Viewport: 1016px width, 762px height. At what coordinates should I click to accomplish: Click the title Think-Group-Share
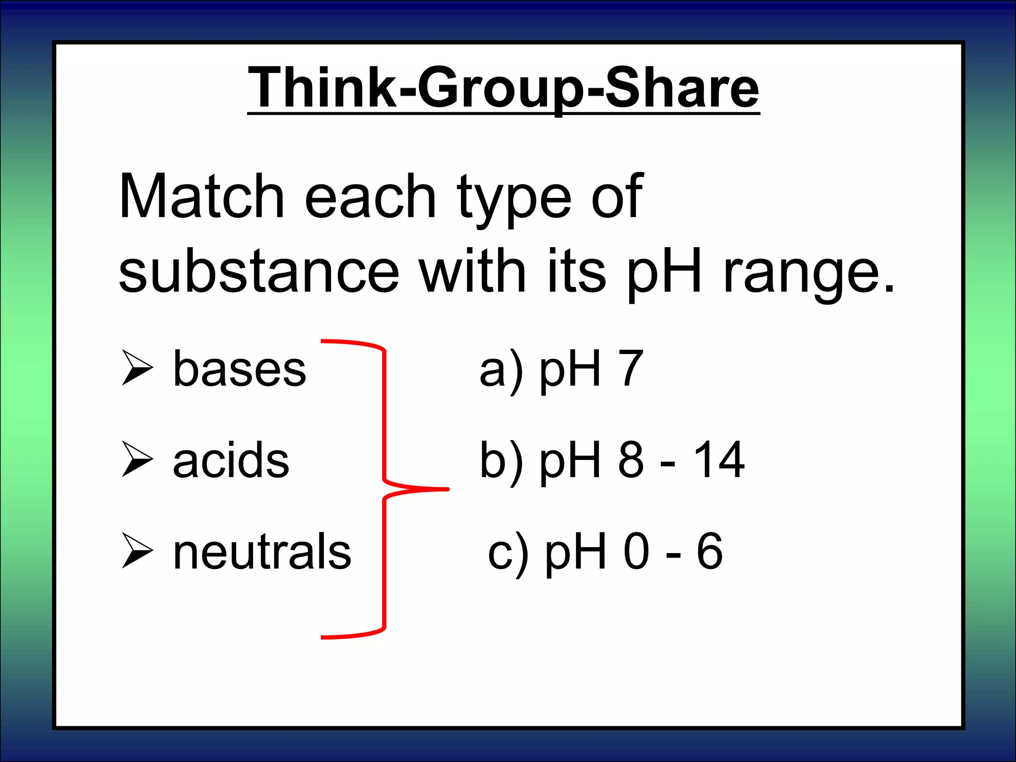tap(503, 88)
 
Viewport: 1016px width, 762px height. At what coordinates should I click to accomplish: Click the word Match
tap(201, 196)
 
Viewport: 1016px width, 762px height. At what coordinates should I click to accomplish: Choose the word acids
tap(231, 460)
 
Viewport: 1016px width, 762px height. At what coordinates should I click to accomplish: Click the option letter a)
tap(501, 370)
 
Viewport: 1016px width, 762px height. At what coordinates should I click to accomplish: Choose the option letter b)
tap(501, 461)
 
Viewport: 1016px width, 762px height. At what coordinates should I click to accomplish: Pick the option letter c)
tap(508, 552)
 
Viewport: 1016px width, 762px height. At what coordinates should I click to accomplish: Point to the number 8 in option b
tap(631, 460)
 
